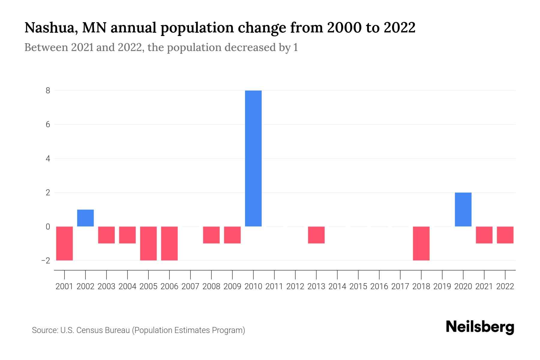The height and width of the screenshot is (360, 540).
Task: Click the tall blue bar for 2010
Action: (253, 158)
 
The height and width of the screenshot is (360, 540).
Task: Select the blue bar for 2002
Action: (85, 218)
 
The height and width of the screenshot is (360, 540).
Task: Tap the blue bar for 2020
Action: (463, 209)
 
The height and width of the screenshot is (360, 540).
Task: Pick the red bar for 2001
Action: (64, 243)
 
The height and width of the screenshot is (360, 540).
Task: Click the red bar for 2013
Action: (316, 235)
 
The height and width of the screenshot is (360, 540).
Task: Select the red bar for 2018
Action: (421, 243)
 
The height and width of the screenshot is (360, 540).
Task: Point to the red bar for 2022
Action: (505, 235)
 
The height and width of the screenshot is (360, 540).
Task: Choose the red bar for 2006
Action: (169, 243)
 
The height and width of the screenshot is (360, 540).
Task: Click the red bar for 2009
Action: (232, 235)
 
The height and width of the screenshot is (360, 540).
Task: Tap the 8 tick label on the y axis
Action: (48, 91)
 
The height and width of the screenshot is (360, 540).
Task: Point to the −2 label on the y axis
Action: (46, 260)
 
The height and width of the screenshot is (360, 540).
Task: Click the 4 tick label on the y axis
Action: (48, 158)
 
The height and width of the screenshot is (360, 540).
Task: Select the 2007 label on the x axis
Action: (190, 286)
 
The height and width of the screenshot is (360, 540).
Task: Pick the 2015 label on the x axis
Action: (358, 286)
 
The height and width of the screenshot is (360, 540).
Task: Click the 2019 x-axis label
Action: (442, 286)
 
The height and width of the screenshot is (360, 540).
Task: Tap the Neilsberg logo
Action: (480, 327)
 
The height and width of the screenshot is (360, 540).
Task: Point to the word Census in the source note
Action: (88, 330)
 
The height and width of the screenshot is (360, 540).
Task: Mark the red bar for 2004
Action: (127, 235)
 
